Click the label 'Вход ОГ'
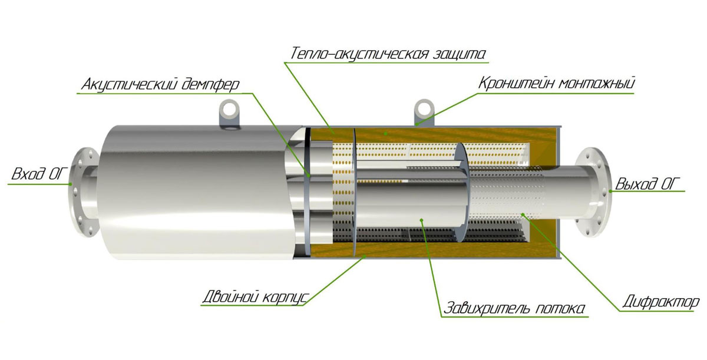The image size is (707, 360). coord(40,174)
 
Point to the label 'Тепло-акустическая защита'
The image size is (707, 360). coord(388,54)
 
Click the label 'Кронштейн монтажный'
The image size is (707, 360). coord(556,83)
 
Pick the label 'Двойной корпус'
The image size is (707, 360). coord(255,297)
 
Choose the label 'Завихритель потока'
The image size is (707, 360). coord(514,308)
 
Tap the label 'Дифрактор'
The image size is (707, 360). coord(661,302)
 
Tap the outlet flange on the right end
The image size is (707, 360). coord(593,193)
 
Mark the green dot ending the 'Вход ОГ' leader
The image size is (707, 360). coord(71,184)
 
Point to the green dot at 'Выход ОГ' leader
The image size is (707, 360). coord(610,191)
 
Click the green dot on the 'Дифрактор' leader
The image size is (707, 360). coord(523,214)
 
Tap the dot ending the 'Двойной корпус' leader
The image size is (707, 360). coord(365,256)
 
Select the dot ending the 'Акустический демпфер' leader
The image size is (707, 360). coord(309,176)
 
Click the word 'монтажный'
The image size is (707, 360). coord(596,83)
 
